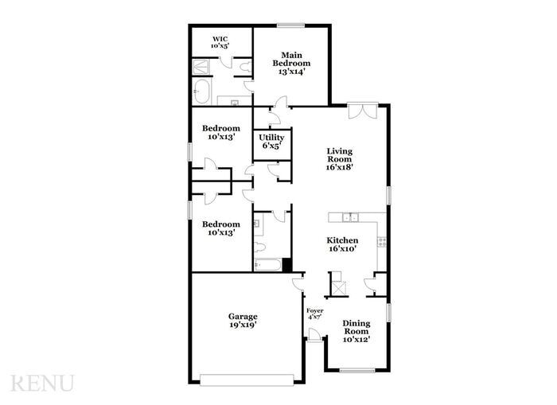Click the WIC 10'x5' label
(x=220, y=41)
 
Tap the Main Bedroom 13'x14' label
(x=290, y=63)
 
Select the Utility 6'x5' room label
(x=271, y=142)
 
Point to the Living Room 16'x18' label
(x=340, y=159)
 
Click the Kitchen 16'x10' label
(x=342, y=244)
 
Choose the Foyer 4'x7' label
(x=314, y=313)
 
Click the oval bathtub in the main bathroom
(x=201, y=91)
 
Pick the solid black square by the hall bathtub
(x=287, y=265)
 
